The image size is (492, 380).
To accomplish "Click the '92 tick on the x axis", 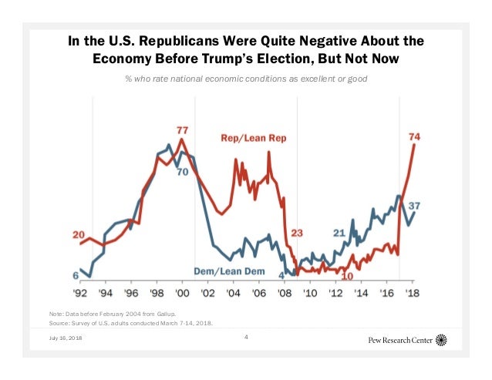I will coord(80,293).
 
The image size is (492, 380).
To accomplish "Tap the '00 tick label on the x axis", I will coord(182,293).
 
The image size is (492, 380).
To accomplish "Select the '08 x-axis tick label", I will coord(284,293).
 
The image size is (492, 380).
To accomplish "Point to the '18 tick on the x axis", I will coord(413,293).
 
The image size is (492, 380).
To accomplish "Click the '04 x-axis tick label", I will coord(233,293).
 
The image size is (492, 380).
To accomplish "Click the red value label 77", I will coord(183,129).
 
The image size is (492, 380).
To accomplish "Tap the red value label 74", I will coord(415,136).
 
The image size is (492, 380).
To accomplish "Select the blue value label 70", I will coord(183,171).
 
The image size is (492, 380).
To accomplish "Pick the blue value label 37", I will coord(414,205).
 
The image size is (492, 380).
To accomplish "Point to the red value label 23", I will coord(298,232).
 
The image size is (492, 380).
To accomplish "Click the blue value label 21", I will coord(339,232).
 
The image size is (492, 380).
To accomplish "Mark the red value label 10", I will coord(347,275).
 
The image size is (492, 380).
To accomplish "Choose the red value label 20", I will coord(79,234).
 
